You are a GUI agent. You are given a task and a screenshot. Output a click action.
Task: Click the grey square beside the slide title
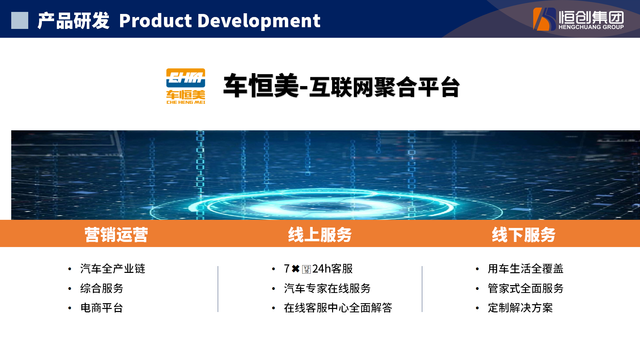pos(20,20)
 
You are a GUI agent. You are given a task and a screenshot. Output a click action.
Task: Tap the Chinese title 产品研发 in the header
pos(73,21)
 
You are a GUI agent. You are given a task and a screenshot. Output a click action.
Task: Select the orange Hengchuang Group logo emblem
pos(544,19)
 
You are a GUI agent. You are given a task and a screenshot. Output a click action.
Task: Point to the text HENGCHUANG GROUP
pos(591,27)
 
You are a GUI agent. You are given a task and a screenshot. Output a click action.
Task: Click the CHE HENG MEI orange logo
pos(186,86)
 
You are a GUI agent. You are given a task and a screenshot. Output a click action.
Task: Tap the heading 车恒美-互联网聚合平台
pos(341,86)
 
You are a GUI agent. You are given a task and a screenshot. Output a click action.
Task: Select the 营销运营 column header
pos(116,234)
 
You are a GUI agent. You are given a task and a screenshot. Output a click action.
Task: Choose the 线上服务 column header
pos(320,234)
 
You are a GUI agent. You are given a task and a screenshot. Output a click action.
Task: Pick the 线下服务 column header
pos(524,234)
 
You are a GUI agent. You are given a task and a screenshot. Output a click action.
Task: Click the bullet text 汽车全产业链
pos(113,268)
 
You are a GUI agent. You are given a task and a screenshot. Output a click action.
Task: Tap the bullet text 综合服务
pos(102,288)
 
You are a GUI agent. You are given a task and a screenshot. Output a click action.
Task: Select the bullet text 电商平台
pos(102,308)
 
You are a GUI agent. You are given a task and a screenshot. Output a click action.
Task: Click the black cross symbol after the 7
pos(296,269)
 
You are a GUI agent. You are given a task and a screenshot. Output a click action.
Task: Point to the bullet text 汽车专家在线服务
pos(327,288)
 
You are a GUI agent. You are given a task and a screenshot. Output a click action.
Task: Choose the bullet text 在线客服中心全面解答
pos(338,308)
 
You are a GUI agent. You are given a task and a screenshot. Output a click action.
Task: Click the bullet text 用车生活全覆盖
pos(526,268)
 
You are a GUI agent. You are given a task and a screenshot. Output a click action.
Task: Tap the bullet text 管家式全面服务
pos(526,288)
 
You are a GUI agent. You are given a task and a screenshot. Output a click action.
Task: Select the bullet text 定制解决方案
pos(520,308)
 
